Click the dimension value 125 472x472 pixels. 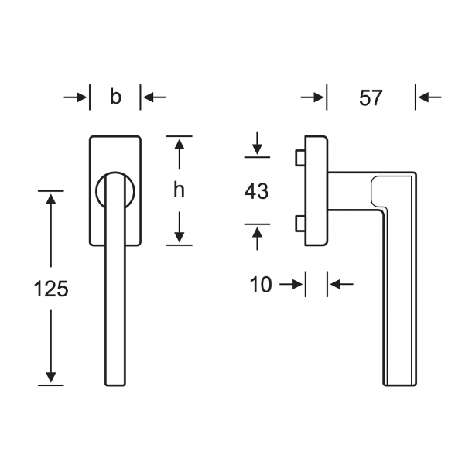(51, 289)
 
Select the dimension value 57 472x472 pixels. (371, 98)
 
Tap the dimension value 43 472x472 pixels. (256, 190)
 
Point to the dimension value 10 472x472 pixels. (262, 285)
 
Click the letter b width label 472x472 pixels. (115, 97)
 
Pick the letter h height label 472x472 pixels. (179, 191)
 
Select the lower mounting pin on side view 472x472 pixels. (299, 225)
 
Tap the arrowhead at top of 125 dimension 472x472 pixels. (51, 198)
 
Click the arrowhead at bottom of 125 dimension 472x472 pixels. (51, 378)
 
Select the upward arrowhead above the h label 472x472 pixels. (179, 145)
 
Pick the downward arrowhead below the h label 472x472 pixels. (179, 238)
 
